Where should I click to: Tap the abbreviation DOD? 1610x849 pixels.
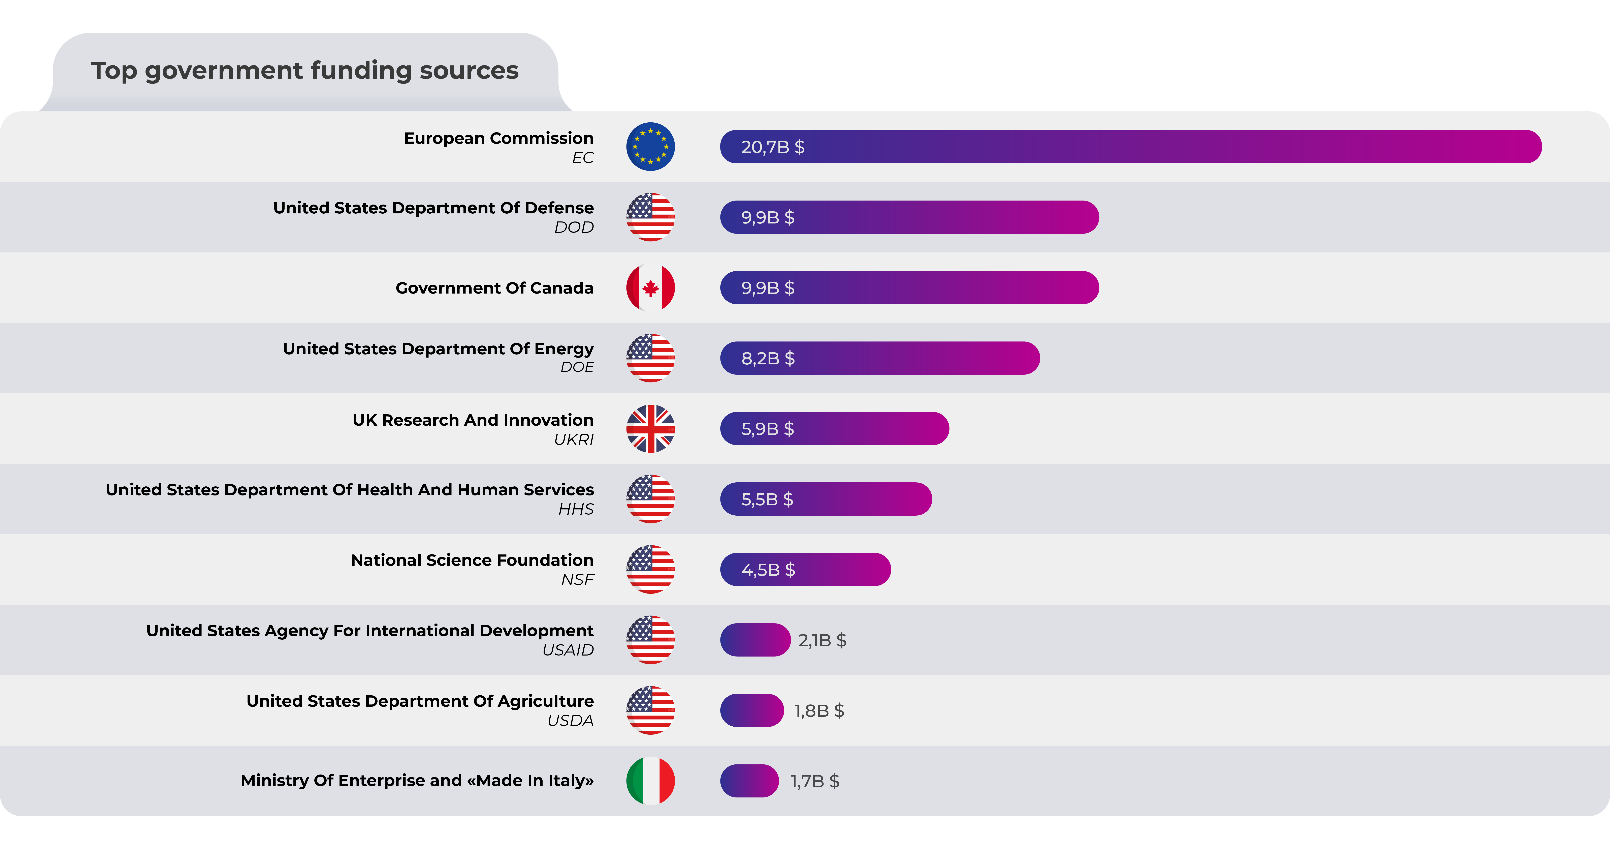pos(574,228)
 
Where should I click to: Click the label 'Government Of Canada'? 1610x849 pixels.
pos(494,288)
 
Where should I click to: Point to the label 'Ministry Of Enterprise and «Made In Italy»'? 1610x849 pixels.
pos(417,781)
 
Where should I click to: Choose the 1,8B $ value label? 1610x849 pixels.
pos(819,711)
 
